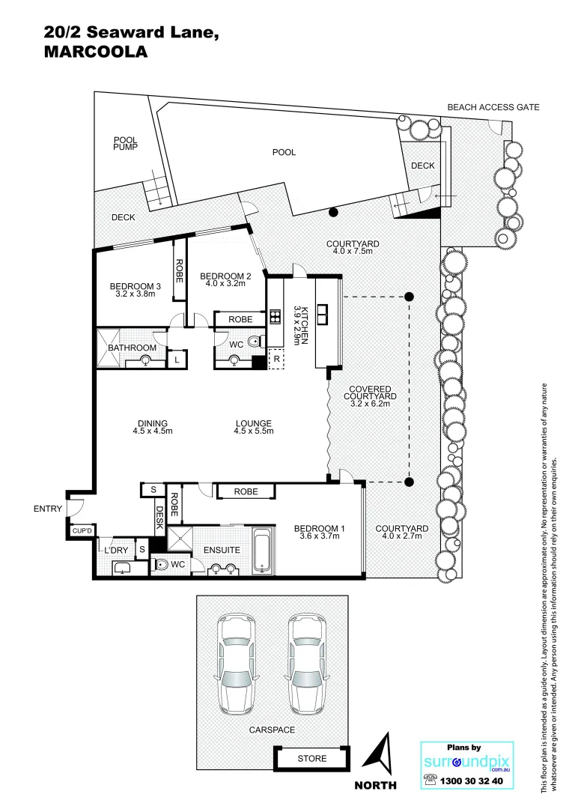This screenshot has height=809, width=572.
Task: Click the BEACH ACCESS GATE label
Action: (x=493, y=108)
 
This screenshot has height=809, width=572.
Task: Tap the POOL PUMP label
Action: (x=124, y=144)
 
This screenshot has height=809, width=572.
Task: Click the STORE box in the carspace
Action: (x=311, y=758)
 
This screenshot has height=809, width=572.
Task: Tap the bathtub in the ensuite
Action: (x=264, y=552)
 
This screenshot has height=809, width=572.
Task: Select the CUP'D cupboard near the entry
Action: (x=81, y=531)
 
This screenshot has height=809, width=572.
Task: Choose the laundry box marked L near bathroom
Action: (x=177, y=360)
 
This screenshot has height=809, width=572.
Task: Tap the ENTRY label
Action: (x=48, y=509)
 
